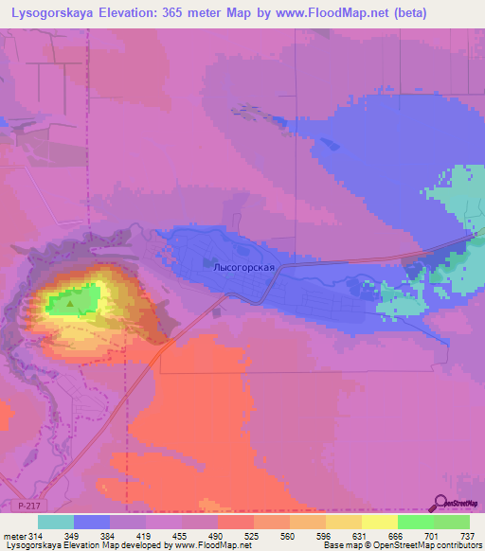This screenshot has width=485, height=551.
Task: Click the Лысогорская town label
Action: point(244,268)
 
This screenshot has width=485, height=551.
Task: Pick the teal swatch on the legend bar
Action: point(56,521)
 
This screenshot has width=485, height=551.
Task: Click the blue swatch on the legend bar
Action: point(92,521)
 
